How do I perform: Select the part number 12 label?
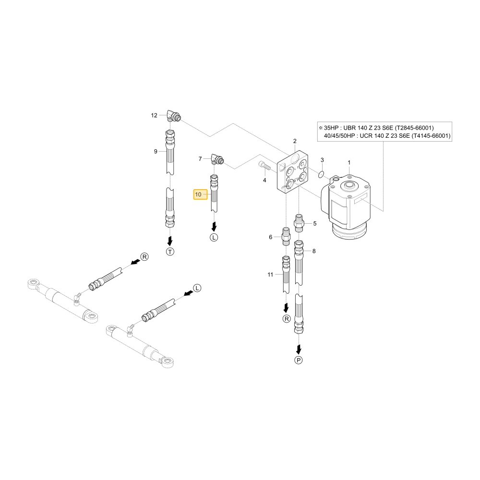click(x=154, y=115)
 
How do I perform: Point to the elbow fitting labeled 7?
click(x=217, y=159)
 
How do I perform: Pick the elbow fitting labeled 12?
click(x=174, y=116)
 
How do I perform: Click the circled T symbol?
click(x=170, y=252)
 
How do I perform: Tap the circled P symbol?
click(x=299, y=360)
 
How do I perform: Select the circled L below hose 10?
click(x=214, y=237)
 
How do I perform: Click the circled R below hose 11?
click(x=287, y=319)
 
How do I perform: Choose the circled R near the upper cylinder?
click(x=144, y=256)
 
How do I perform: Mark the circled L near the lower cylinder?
click(x=197, y=288)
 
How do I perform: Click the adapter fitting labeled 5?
click(x=299, y=223)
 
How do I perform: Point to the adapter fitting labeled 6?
click(x=286, y=236)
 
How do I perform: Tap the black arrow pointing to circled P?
click(x=299, y=349)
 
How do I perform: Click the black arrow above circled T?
click(x=170, y=240)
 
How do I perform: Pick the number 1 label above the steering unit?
click(x=349, y=163)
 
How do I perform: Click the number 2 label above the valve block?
click(x=295, y=141)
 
